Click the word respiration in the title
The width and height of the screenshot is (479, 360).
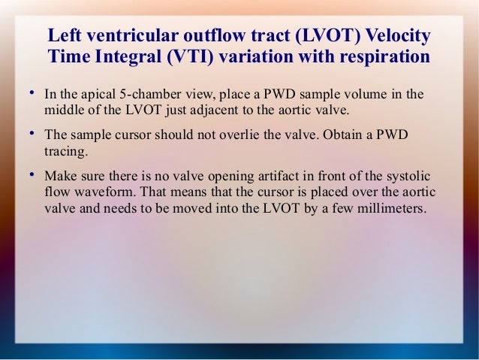pos(387,58)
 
